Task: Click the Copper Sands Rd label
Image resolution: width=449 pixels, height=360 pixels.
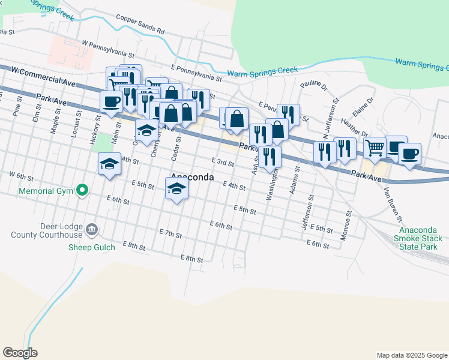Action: click(x=140, y=23)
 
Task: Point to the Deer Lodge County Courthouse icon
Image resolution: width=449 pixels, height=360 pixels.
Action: click(x=91, y=229)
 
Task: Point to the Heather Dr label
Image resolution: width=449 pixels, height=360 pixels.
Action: click(x=355, y=125)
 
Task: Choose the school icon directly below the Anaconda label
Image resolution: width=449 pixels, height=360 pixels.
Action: click(x=176, y=189)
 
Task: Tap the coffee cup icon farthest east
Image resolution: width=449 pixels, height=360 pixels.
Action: click(x=409, y=154)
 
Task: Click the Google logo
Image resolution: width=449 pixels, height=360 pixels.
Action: click(x=20, y=353)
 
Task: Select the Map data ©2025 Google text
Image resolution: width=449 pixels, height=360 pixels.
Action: click(x=411, y=355)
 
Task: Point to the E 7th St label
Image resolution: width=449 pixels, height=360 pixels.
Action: click(x=170, y=232)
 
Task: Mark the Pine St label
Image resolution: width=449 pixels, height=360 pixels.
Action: click(x=17, y=109)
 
